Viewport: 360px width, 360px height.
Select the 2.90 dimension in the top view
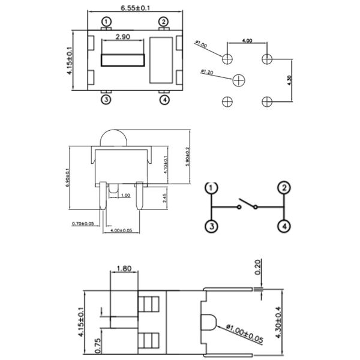(x=123, y=37)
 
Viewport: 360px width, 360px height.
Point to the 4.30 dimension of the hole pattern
(x=290, y=80)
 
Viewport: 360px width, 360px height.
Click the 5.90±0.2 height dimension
(x=188, y=157)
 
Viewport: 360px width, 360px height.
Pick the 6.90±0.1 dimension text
(x=67, y=178)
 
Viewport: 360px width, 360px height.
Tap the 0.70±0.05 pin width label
(x=83, y=223)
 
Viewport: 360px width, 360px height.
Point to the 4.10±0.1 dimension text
(x=165, y=161)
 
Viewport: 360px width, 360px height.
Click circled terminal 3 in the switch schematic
(x=211, y=226)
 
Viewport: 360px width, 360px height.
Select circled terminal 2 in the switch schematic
(x=283, y=187)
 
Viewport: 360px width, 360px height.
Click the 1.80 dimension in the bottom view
(x=125, y=268)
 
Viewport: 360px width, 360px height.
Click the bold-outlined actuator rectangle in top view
(x=123, y=60)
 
